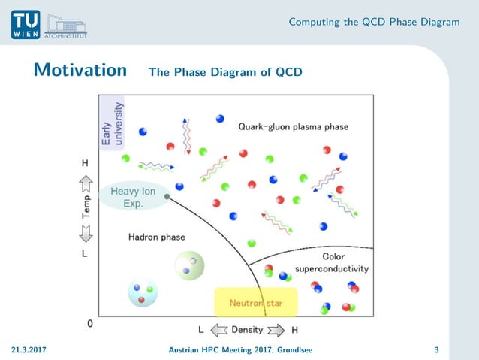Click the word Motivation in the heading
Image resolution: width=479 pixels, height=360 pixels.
(x=80, y=71)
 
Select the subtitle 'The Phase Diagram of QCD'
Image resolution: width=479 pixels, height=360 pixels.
(x=225, y=73)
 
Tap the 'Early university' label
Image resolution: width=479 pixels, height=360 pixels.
(x=111, y=124)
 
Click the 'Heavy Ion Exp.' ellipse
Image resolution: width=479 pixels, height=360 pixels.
(x=133, y=197)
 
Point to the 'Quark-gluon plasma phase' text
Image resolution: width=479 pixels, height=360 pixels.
(x=293, y=127)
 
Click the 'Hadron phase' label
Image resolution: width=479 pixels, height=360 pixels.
(x=156, y=237)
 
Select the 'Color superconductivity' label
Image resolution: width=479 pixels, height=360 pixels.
(x=331, y=262)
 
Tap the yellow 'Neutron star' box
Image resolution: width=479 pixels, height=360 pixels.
(x=256, y=303)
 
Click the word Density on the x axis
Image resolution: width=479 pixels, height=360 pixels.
(x=247, y=329)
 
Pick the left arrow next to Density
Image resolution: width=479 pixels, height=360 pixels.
(x=218, y=329)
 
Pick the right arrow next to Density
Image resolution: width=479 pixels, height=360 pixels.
(x=276, y=329)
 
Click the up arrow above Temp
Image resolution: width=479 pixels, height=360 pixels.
(x=86, y=181)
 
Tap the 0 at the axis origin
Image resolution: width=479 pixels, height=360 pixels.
(x=91, y=324)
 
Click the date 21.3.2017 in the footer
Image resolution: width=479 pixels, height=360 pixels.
(x=29, y=350)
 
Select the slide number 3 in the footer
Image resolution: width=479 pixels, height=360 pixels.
(x=436, y=350)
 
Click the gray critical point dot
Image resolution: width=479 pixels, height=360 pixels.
(x=167, y=197)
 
